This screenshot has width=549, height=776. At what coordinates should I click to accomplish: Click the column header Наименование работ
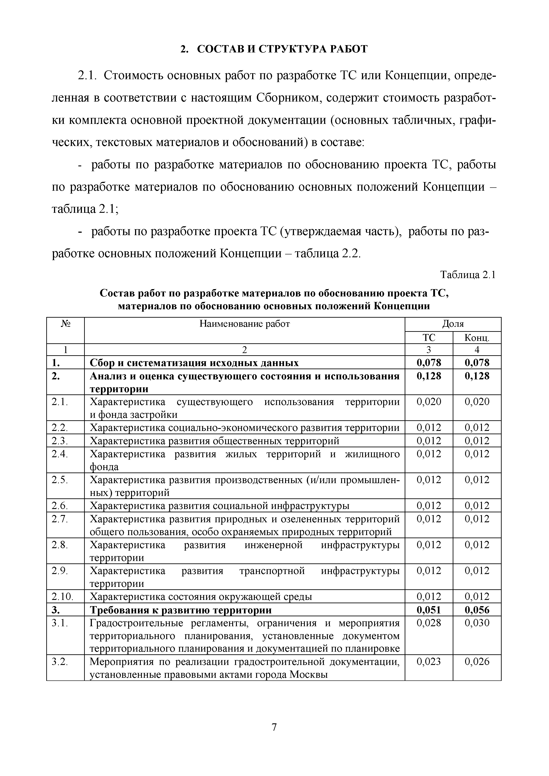(x=245, y=324)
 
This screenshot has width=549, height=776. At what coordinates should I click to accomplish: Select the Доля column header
(x=453, y=324)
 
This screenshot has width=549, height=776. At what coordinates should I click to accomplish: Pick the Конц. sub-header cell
(x=477, y=337)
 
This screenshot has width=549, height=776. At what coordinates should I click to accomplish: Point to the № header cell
(x=65, y=324)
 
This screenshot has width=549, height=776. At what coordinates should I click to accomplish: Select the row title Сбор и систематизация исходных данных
(x=194, y=363)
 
